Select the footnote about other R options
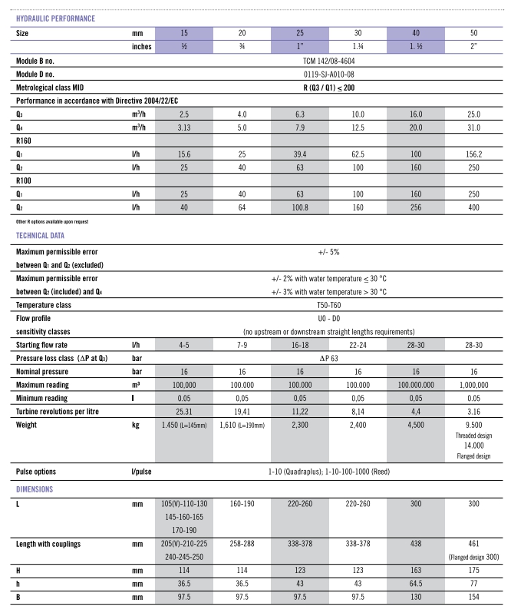coord(51,221)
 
